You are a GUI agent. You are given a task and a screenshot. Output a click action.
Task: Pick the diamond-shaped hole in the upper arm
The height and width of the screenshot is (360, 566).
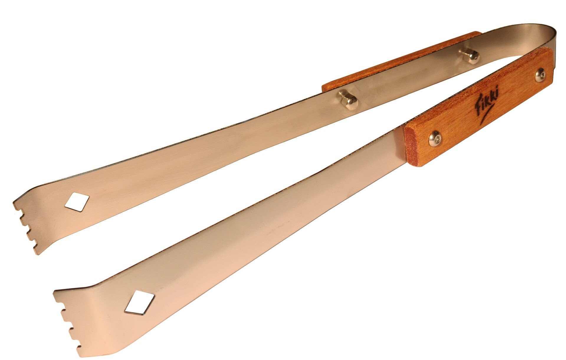tap(77, 202)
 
